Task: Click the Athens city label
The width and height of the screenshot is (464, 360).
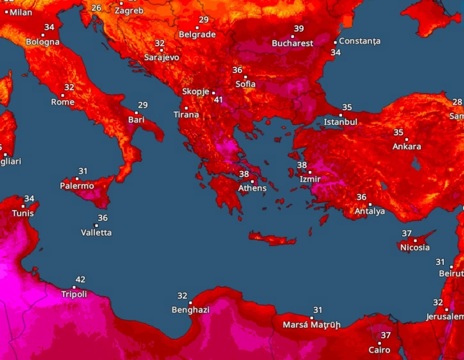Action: (252, 188)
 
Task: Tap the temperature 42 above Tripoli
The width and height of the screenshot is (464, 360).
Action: (80, 279)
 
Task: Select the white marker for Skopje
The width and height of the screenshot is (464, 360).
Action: (213, 92)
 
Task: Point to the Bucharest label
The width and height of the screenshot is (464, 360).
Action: (292, 43)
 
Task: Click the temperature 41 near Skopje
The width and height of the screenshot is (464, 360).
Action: (218, 100)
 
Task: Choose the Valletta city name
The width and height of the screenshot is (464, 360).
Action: (96, 233)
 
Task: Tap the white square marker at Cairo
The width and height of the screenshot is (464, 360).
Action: (380, 343)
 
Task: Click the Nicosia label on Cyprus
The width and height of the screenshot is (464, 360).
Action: (415, 247)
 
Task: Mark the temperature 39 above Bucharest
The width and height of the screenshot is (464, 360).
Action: (299, 29)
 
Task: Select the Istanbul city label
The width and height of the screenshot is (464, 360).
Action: (340, 122)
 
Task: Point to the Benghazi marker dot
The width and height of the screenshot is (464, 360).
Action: (191, 303)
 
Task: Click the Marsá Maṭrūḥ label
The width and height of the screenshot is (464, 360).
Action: (311, 325)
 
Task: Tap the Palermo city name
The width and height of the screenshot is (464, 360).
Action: (77, 186)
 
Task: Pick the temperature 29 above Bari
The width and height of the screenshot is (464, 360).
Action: (143, 105)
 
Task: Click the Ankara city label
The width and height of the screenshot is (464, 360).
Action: (407, 147)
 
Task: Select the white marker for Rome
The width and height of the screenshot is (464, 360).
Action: (63, 95)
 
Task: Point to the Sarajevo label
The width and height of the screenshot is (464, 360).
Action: (161, 57)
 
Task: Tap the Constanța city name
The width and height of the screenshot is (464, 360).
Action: (359, 41)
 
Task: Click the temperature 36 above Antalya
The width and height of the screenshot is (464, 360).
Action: (361, 197)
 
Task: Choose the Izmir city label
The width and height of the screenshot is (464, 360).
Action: (310, 179)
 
